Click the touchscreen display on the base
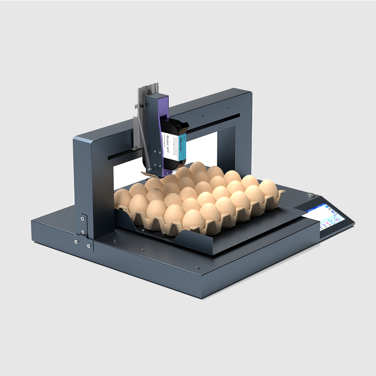point(327,216)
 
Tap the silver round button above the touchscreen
point(310,194)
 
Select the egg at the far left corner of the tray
point(123,198)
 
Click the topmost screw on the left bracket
point(83,219)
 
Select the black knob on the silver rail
point(137,106)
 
